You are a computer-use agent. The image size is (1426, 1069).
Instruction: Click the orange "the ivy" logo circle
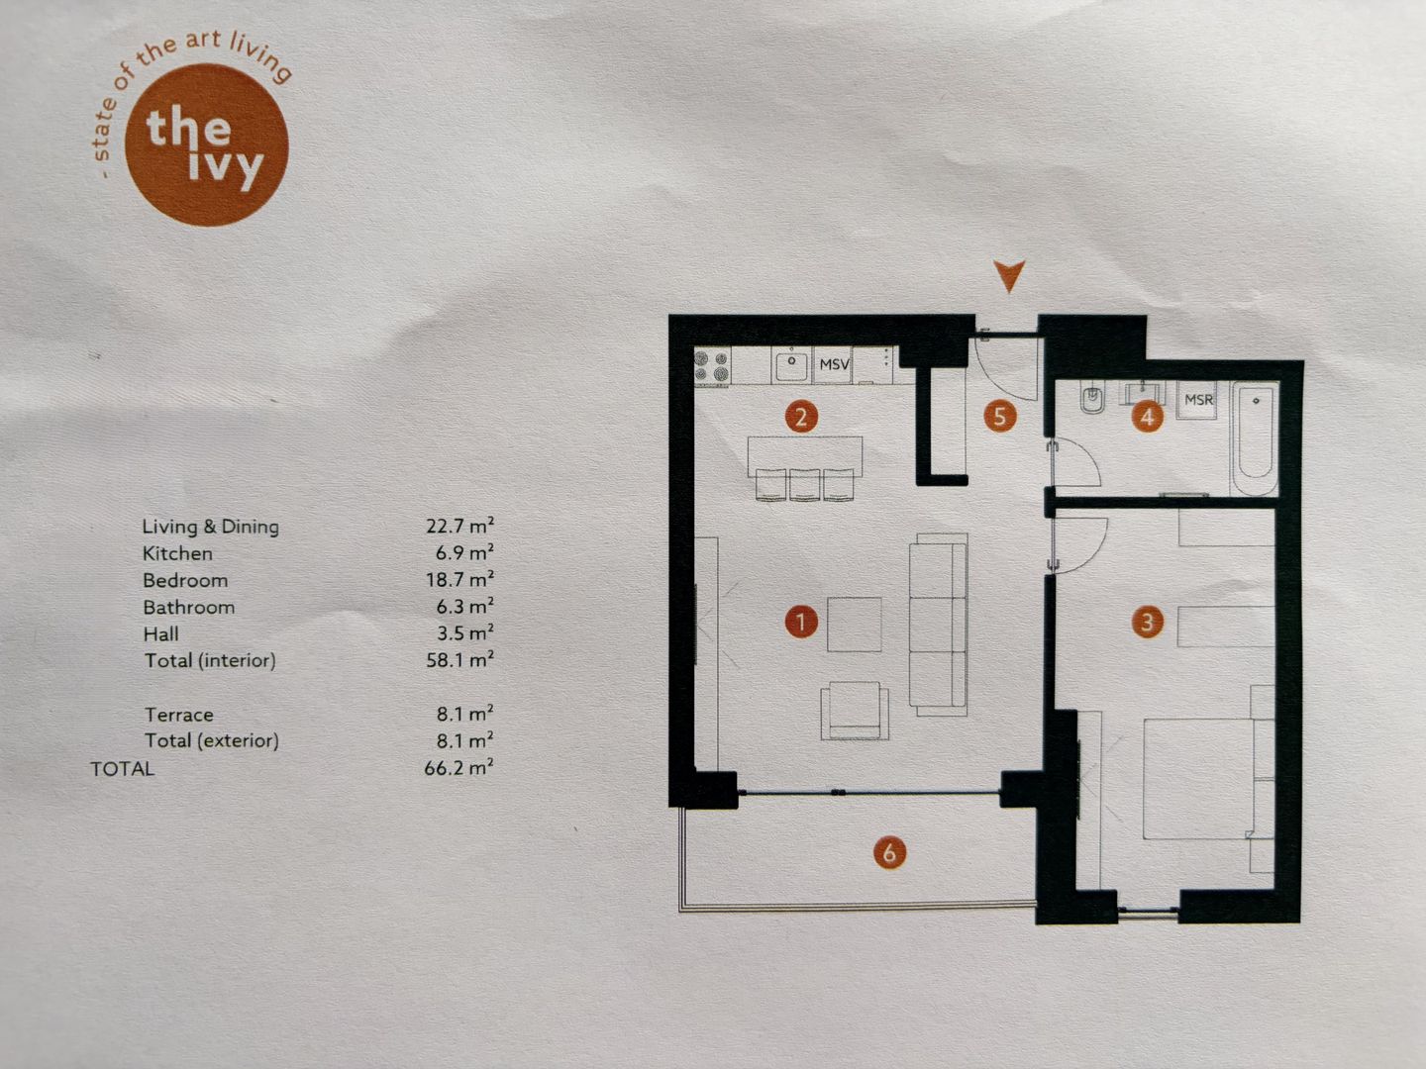point(207,145)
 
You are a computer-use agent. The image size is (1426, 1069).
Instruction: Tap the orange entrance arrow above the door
point(1009,276)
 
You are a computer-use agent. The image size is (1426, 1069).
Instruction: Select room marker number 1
point(801,622)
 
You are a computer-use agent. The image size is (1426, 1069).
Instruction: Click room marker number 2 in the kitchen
point(801,416)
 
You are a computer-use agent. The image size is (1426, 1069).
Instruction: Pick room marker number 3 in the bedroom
point(1147,622)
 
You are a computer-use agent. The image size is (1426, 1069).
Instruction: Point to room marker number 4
point(1147,417)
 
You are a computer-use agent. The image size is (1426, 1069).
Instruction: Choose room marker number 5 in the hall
point(999,416)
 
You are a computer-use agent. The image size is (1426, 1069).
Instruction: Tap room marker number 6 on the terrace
point(889,851)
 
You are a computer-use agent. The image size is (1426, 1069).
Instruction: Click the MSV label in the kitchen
point(834,364)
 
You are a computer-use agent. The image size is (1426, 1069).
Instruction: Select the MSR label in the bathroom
point(1198,400)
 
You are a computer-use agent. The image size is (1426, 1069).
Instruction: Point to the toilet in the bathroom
point(1091,401)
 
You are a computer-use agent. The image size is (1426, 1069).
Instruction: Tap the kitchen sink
point(790,365)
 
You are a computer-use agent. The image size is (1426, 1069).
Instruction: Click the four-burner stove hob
point(711,366)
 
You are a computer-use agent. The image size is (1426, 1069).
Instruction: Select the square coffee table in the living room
point(854,625)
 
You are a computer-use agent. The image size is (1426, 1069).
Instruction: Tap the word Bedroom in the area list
point(185,580)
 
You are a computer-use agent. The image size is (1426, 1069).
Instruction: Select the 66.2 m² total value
point(458,767)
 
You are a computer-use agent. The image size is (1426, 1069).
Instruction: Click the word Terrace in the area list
point(179,715)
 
